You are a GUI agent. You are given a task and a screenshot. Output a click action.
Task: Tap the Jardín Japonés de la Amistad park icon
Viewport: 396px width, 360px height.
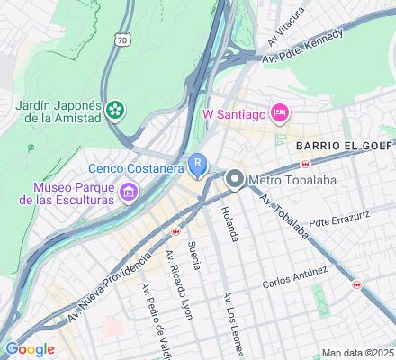[114, 111]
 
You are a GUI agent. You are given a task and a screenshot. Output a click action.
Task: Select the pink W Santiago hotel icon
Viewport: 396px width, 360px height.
[280, 112]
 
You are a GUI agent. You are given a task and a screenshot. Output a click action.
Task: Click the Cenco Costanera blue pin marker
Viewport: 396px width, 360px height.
[198, 165]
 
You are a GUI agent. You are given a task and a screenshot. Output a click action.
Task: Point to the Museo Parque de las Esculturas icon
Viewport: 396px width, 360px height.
[130, 191]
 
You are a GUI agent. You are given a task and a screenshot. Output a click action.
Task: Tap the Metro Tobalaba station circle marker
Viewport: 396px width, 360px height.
[236, 180]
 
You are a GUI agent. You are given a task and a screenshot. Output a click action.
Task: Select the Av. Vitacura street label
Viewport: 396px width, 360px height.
[285, 30]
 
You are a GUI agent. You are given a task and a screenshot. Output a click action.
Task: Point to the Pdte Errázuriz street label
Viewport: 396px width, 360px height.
[338, 218]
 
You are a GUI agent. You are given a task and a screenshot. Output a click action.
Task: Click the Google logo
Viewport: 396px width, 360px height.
[30, 349]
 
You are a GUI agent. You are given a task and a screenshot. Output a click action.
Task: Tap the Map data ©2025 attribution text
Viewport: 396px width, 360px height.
[357, 353]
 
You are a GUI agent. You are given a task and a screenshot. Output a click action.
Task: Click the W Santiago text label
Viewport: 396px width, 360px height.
[235, 113]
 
